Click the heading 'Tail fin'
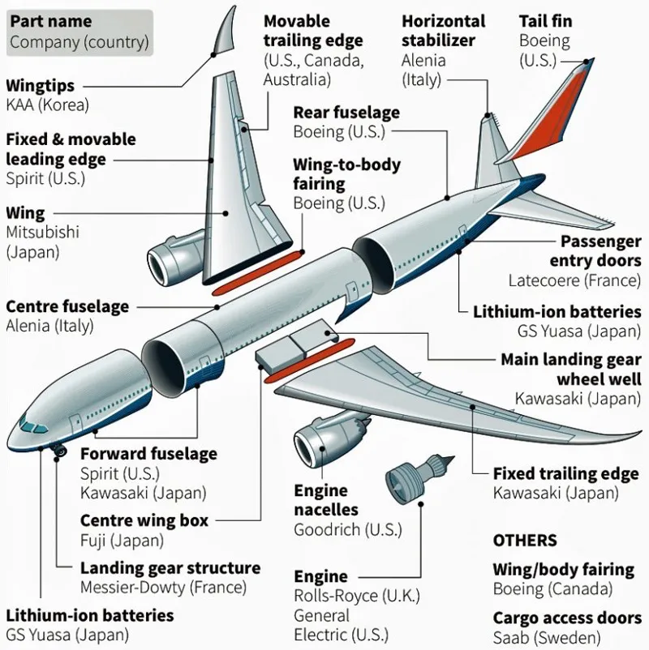coord(545,20)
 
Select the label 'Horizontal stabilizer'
coord(443,31)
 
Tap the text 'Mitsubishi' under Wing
coord(42,233)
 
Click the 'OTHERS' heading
coord(525,541)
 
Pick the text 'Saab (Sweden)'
coord(547,637)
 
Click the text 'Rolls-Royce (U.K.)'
coord(357,596)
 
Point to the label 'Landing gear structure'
coord(170,567)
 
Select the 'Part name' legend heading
coord(50,21)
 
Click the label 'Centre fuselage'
coord(67,307)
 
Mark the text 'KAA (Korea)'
coord(47,105)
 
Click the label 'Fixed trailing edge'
coord(565,473)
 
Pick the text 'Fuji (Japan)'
coord(122,540)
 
